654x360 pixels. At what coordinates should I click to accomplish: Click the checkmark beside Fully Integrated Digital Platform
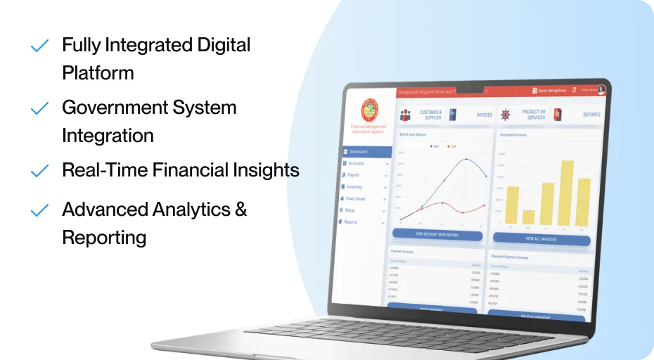[x=39, y=46]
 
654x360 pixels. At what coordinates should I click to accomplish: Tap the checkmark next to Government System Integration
[x=39, y=109]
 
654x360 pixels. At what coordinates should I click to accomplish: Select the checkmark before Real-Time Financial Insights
[x=39, y=171]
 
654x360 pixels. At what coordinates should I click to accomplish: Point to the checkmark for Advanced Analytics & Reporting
[x=39, y=210]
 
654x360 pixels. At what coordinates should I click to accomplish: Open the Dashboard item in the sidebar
[x=358, y=151]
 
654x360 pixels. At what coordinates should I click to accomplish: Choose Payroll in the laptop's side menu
[x=354, y=174]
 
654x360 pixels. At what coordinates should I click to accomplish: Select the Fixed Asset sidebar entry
[x=357, y=199]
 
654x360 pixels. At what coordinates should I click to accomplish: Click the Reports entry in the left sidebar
[x=351, y=222]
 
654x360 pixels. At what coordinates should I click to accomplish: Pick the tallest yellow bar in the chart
[x=567, y=192]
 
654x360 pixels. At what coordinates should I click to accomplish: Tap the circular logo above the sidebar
[x=368, y=110]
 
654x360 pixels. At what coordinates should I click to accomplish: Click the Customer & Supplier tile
[x=421, y=115]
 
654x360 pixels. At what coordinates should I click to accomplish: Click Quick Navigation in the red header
[x=552, y=91]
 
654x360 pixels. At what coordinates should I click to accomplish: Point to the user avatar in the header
[x=602, y=90]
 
